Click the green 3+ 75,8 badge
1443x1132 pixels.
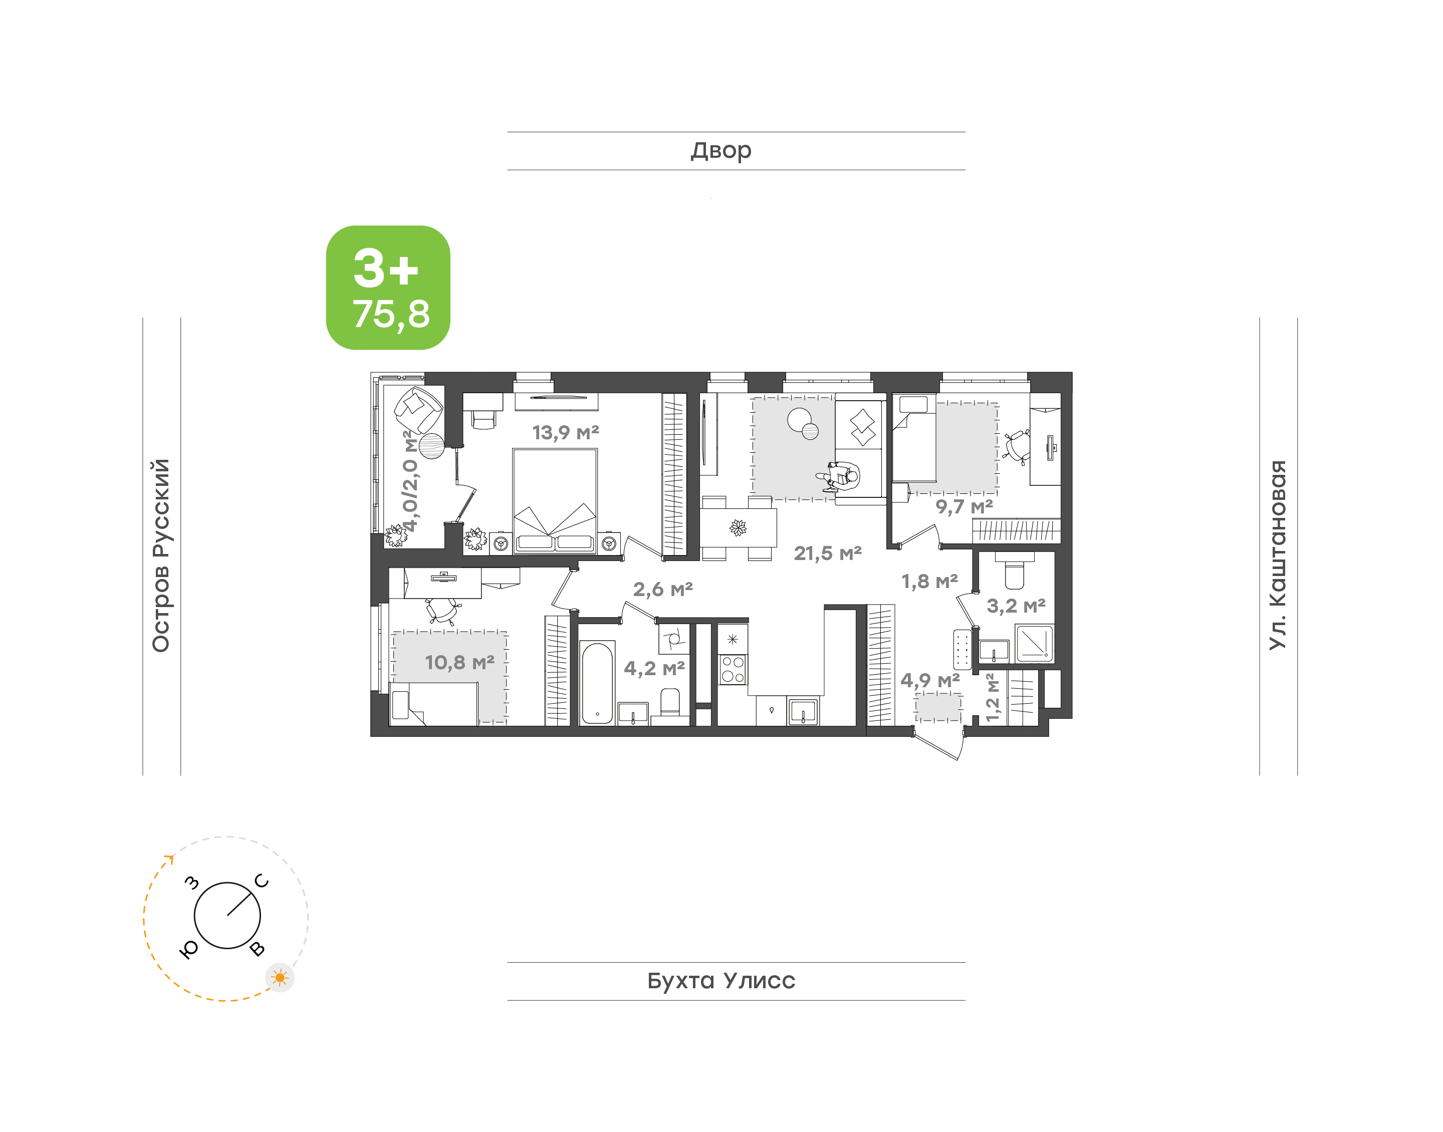[388, 288]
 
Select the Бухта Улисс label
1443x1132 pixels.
[721, 981]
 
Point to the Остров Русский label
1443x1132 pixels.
[161, 555]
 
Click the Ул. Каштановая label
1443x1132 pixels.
[1277, 555]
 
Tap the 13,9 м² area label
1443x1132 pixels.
[565, 433]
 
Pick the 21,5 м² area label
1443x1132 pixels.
[828, 553]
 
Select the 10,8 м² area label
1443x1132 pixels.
[459, 662]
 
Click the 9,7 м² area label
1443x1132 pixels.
[965, 507]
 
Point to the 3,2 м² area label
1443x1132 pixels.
[1016, 606]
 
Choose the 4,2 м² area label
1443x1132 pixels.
[654, 668]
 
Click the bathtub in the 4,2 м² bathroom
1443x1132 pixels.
[597, 683]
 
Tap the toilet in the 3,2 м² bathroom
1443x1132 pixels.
[1015, 570]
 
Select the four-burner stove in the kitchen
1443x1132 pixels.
[733, 669]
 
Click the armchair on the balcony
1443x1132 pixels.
[418, 410]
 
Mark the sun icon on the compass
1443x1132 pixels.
[280, 978]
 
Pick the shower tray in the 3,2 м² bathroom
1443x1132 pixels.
[1035, 644]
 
